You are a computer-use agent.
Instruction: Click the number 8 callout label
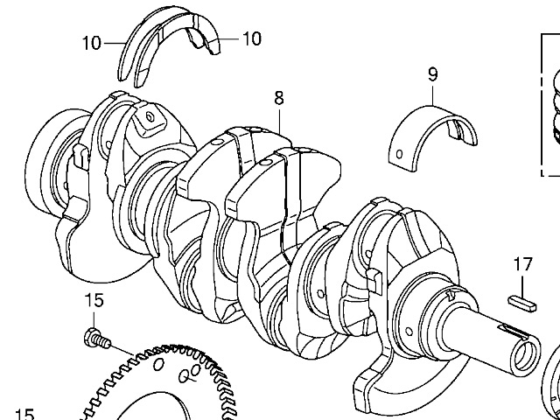pyautogui.click(x=278, y=99)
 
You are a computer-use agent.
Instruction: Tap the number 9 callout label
pyautogui.click(x=432, y=74)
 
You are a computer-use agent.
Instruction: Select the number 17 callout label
pyautogui.click(x=522, y=263)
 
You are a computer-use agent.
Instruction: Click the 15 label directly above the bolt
pyautogui.click(x=94, y=300)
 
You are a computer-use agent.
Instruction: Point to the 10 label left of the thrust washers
pyautogui.click(x=93, y=42)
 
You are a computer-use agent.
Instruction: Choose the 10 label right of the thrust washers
pyautogui.click(x=251, y=38)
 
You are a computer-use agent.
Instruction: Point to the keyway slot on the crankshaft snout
pyautogui.click(x=511, y=331)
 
